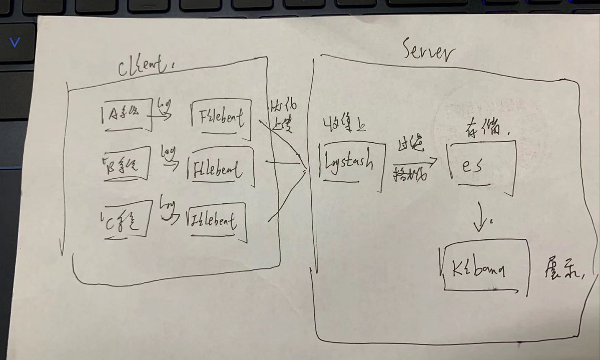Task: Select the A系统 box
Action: click(127, 115)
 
